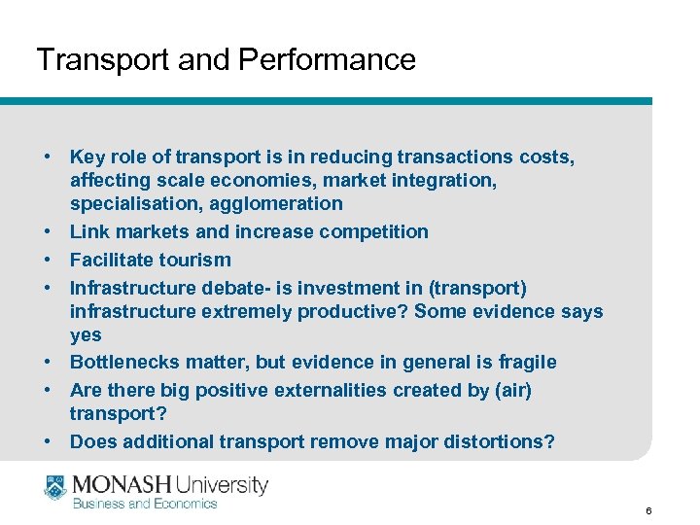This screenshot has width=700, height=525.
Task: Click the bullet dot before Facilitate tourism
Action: pos(47,260)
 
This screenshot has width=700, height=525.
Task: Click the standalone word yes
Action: pos(86,334)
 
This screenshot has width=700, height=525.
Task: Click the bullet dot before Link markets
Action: pos(47,231)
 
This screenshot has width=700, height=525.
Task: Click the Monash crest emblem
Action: pos(55,487)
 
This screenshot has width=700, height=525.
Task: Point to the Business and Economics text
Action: pos(145,504)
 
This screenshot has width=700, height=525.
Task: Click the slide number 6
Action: pos(648,510)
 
